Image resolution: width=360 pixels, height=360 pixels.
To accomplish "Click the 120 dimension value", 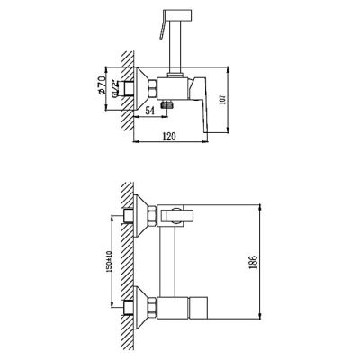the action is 168,136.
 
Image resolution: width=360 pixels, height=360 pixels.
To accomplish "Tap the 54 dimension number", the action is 149,111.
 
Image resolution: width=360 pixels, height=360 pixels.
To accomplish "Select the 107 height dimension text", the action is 222,100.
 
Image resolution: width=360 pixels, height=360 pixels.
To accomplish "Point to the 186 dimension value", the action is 254,263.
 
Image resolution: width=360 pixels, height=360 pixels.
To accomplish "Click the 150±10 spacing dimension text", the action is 109,262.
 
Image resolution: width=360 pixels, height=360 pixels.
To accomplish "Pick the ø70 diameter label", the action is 102,85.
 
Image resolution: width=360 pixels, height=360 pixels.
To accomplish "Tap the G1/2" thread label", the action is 114,89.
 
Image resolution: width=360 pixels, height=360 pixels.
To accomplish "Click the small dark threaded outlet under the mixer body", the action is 167,104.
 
